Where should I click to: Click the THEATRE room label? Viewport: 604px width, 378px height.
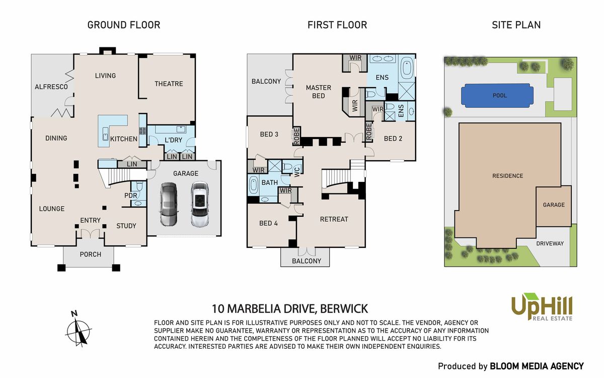click(169, 84)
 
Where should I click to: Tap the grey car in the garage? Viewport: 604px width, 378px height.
click(169, 204)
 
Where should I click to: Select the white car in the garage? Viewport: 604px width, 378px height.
click(200, 204)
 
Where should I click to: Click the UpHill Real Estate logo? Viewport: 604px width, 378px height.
click(542, 308)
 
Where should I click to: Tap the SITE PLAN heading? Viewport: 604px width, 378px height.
click(516, 25)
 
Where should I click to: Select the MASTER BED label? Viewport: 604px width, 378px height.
click(319, 92)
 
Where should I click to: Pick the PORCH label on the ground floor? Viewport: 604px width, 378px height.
click(90, 255)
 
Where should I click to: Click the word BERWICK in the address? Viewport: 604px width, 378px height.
click(344, 309)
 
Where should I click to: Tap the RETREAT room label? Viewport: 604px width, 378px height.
click(334, 219)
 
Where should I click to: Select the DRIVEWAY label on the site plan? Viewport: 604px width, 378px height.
click(550, 243)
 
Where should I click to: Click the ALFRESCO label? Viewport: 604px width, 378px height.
click(51, 87)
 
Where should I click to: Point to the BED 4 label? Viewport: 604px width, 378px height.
click(268, 223)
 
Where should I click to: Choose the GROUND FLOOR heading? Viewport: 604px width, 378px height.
click(124, 25)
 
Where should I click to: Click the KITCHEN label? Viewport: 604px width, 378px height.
click(124, 139)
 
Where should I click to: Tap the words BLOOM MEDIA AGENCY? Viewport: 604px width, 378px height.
click(537, 366)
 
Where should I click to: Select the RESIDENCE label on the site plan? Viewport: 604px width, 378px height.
click(507, 176)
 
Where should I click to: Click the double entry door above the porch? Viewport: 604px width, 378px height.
click(90, 233)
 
